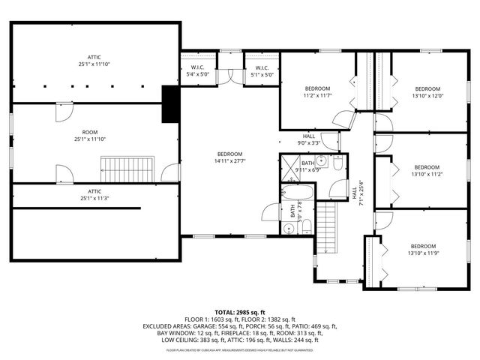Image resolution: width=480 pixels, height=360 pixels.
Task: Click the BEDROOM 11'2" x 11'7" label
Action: click(317, 92)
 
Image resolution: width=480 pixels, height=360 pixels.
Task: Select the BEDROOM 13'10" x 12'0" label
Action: click(428, 92)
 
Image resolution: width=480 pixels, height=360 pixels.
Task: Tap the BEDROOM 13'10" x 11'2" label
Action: click(428, 170)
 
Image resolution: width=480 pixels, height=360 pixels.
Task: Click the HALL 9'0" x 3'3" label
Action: click(309, 139)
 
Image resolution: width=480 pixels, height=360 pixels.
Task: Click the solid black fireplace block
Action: click(172, 103)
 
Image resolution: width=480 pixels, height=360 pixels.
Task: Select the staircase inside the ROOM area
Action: click(128, 169)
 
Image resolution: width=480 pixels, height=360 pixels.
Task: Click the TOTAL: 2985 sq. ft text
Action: click(240, 312)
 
